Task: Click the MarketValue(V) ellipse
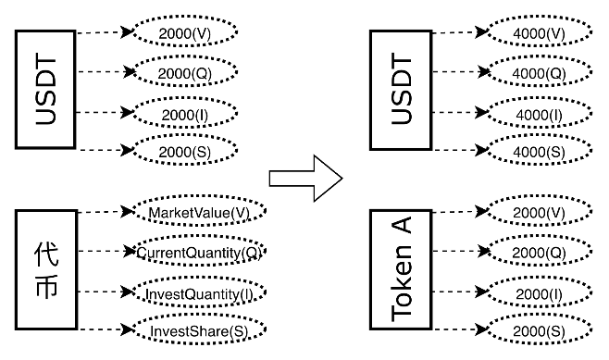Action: pyautogui.click(x=197, y=213)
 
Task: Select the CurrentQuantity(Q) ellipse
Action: pyautogui.click(x=197, y=252)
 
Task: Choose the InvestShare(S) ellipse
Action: pyautogui.click(x=197, y=330)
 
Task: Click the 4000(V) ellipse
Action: pyautogui.click(x=539, y=31)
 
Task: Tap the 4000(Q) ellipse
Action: pyautogui.click(x=539, y=70)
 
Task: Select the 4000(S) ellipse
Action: pyautogui.click(x=539, y=149)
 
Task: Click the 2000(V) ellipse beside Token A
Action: pyautogui.click(x=539, y=213)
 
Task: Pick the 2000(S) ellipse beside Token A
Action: pyautogui.click(x=539, y=330)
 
